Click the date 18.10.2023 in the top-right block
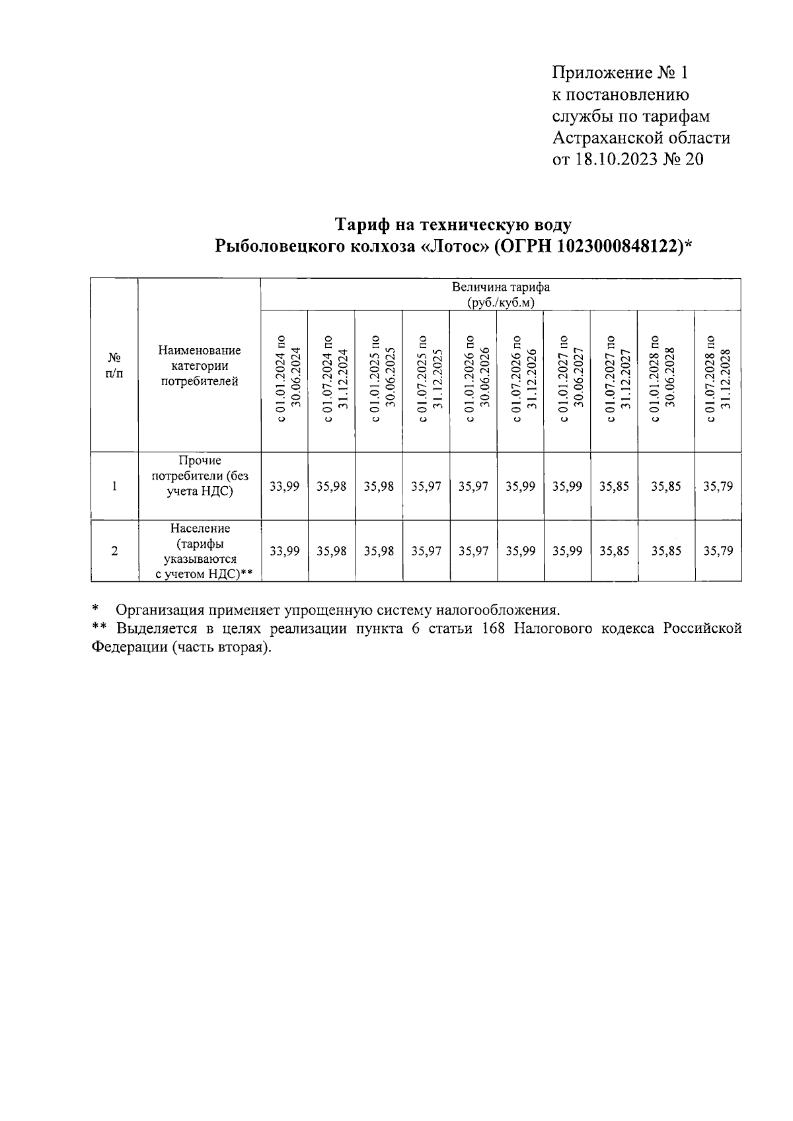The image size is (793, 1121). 615,159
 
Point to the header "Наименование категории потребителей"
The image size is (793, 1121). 200,365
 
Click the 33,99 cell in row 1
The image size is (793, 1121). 285,486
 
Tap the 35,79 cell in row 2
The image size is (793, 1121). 718,551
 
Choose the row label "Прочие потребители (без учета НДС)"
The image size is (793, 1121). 200,476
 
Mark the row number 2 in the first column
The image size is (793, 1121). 114,551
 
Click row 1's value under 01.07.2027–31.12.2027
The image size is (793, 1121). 614,486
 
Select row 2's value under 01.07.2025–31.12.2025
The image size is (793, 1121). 426,551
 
